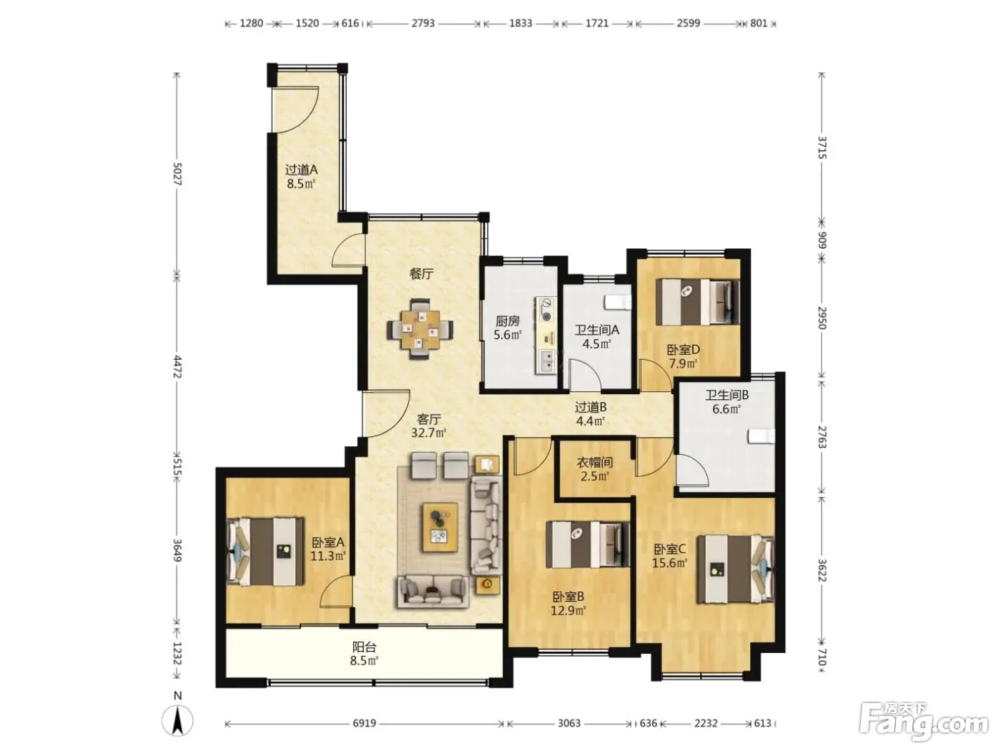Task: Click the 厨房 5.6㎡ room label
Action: (x=507, y=328)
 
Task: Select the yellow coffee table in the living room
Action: (x=440, y=527)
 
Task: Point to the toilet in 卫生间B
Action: (x=761, y=436)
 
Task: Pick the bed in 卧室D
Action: (x=697, y=302)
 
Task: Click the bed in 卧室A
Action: (x=265, y=551)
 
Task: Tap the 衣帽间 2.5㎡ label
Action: (x=594, y=469)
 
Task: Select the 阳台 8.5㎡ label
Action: (x=364, y=654)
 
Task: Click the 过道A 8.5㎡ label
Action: (x=301, y=177)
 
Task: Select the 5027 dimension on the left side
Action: (x=177, y=174)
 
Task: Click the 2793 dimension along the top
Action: (x=423, y=24)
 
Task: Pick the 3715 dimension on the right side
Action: (x=822, y=147)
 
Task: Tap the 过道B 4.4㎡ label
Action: (x=591, y=413)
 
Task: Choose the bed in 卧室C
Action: (x=736, y=569)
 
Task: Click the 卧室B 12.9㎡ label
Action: (x=568, y=603)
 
